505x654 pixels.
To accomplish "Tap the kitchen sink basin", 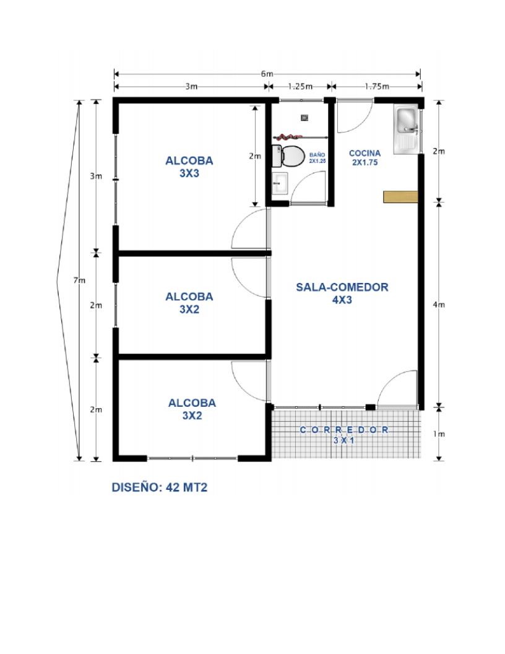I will (x=407, y=118).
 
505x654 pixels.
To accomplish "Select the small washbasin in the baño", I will (x=280, y=183).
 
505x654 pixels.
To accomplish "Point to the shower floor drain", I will (x=304, y=116).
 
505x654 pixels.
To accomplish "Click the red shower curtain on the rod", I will (x=287, y=136).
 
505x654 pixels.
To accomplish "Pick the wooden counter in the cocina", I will (x=400, y=197).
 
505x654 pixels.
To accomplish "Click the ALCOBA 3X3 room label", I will (x=189, y=167).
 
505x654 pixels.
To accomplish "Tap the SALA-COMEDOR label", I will (x=342, y=294).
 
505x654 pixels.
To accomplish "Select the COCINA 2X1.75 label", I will (x=365, y=157).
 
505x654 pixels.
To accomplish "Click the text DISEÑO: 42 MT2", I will (x=159, y=487).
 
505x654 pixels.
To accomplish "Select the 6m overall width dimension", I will (x=267, y=74).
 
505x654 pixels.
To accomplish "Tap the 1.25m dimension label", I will (x=301, y=87).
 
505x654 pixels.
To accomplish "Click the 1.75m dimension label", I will (x=376, y=87).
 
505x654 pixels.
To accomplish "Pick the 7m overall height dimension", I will (x=79, y=281).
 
